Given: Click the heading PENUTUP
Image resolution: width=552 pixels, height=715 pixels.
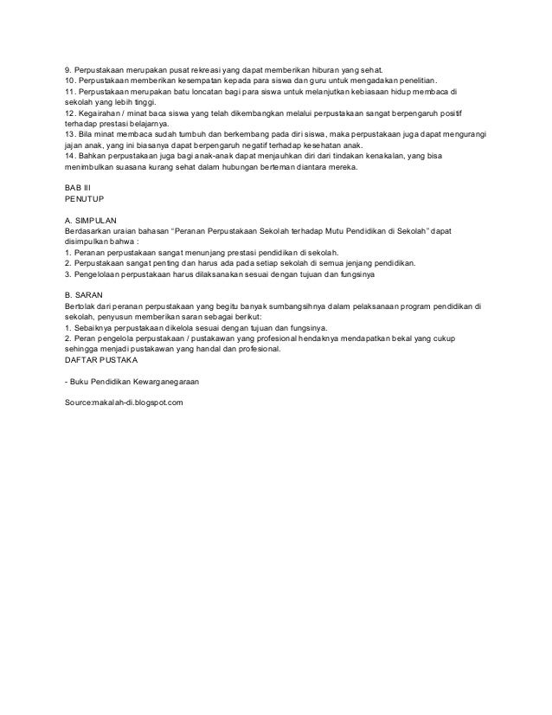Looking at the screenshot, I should [x=84, y=200].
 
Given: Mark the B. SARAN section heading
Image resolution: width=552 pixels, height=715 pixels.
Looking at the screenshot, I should [x=86, y=295].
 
